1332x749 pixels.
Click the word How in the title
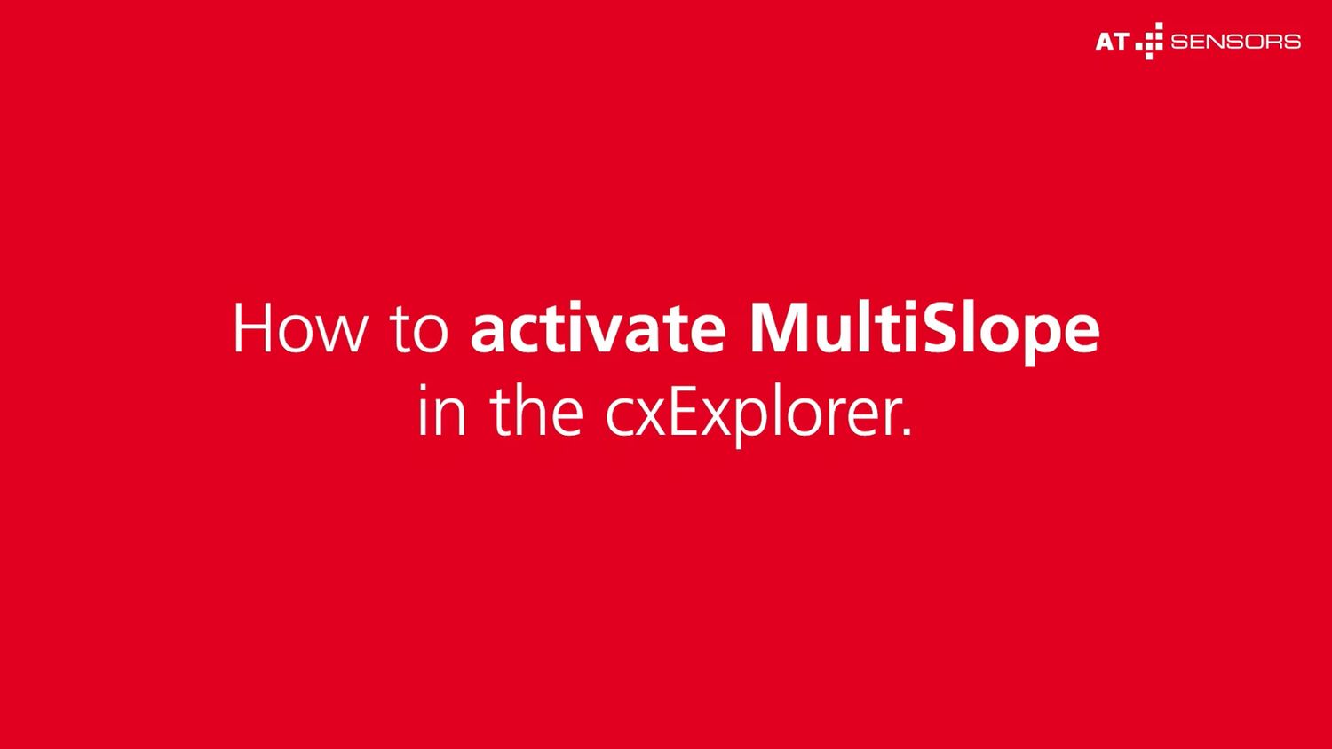[300, 327]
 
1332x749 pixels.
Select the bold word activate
[599, 327]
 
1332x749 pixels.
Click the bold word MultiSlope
[924, 332]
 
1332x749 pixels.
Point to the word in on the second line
[442, 410]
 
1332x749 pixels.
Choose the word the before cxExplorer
[536, 409]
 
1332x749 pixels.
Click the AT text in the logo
[1112, 42]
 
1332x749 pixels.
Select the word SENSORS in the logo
[1236, 42]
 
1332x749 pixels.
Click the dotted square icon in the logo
[1149, 41]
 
